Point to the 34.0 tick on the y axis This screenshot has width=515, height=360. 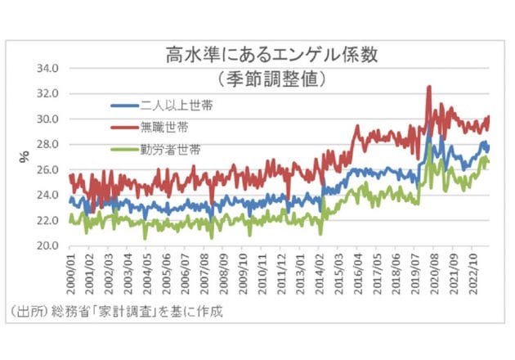pos(48,68)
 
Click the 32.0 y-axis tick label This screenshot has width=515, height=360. pos(48,93)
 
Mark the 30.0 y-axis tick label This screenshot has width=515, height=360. pos(48,119)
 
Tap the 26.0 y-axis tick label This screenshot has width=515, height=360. pos(48,169)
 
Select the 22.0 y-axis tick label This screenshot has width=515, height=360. pos(48,220)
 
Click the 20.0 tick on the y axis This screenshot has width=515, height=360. pos(48,245)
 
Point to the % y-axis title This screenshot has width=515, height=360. pos(24,152)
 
